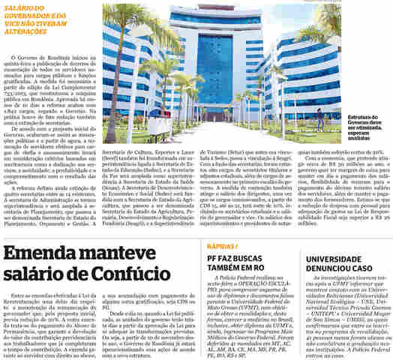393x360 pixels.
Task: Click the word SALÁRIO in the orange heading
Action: pyautogui.click(x=20, y=6)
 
